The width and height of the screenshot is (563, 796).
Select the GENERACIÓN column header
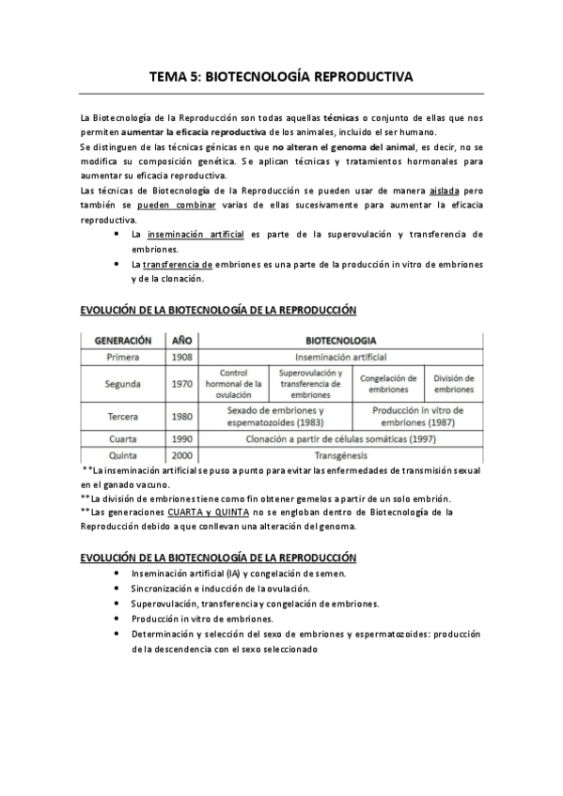click(123, 340)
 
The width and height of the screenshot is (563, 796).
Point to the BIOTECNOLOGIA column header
click(340, 340)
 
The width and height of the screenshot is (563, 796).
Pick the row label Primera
click(123, 357)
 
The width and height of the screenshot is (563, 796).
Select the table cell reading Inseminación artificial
click(340, 357)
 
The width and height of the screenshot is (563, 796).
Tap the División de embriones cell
click(454, 384)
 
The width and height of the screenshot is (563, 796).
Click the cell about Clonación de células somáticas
click(340, 436)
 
